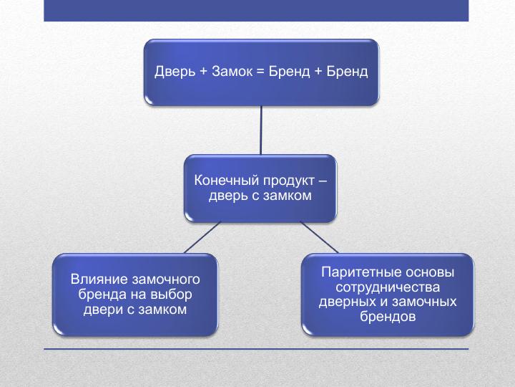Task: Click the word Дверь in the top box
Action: pyautogui.click(x=175, y=72)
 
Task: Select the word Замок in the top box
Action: pyautogui.click(x=232, y=72)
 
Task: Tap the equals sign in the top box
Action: pyautogui.click(x=260, y=72)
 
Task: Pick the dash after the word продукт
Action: pyautogui.click(x=323, y=181)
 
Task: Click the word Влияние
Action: pyautogui.click(x=99, y=279)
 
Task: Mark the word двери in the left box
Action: pyautogui.click(x=100, y=310)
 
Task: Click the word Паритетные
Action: pyautogui.click(x=362, y=272)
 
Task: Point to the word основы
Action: pyautogui.click(x=431, y=272)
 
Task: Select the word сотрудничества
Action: pyautogui.click(x=388, y=287)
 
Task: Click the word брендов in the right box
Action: pyautogui.click(x=388, y=317)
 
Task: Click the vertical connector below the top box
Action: pyautogui.click(x=261, y=130)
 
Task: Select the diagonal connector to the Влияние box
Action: pyautogui.click(x=202, y=238)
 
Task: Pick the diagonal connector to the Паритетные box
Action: pyautogui.click(x=320, y=238)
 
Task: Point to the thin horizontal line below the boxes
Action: pyautogui.click(x=256, y=349)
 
